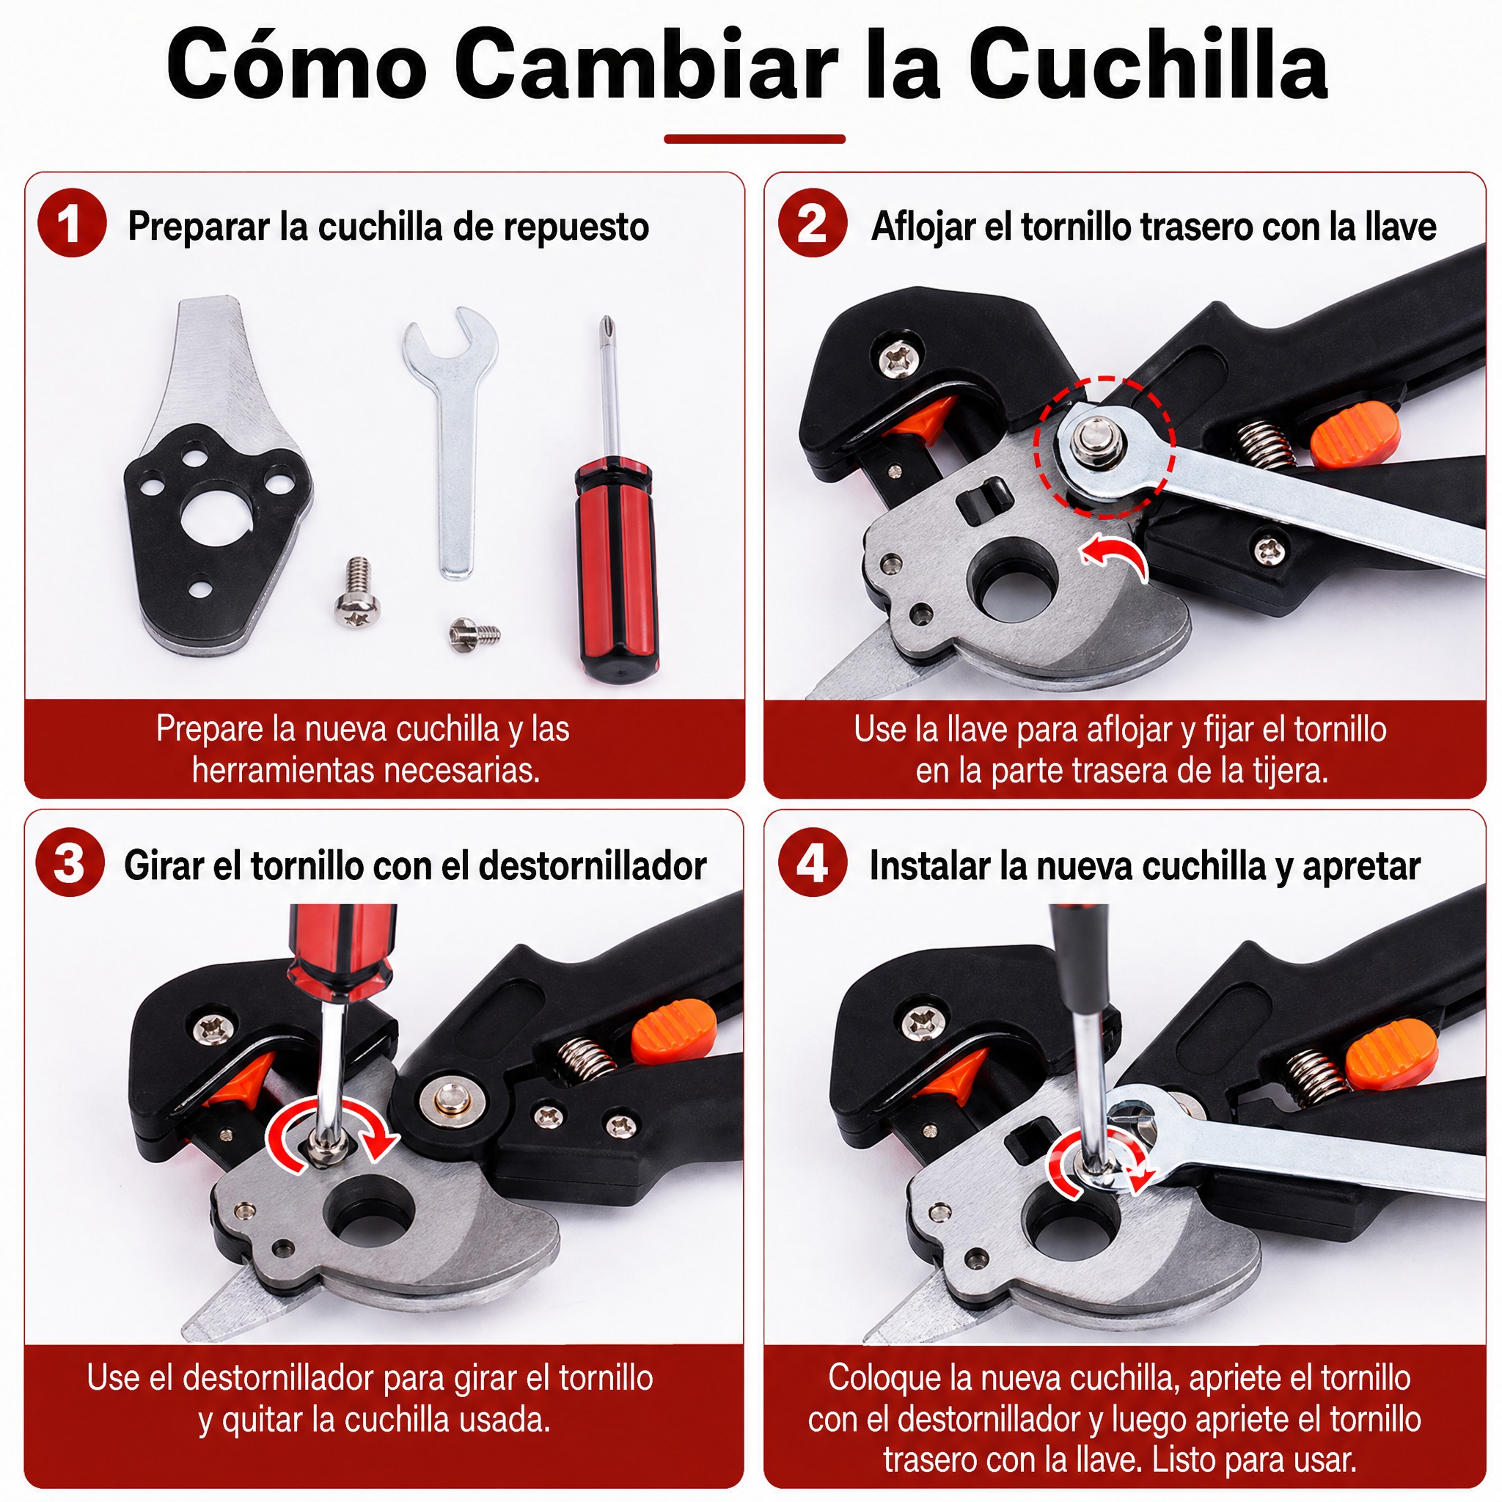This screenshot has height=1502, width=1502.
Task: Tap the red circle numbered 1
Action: [x=72, y=223]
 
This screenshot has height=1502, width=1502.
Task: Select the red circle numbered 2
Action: [x=813, y=223]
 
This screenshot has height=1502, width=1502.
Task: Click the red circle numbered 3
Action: [x=70, y=863]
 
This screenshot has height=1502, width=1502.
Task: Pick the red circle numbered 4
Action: [x=813, y=863]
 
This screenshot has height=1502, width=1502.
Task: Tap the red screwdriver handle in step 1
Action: [x=616, y=571]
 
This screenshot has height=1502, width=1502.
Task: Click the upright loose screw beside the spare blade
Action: [x=358, y=593]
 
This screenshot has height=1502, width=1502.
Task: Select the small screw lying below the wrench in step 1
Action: [x=475, y=633]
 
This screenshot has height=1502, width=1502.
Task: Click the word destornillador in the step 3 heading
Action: [x=593, y=865]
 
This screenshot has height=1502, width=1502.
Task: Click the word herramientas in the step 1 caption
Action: [x=284, y=771]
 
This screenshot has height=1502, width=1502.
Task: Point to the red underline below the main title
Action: [x=754, y=139]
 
